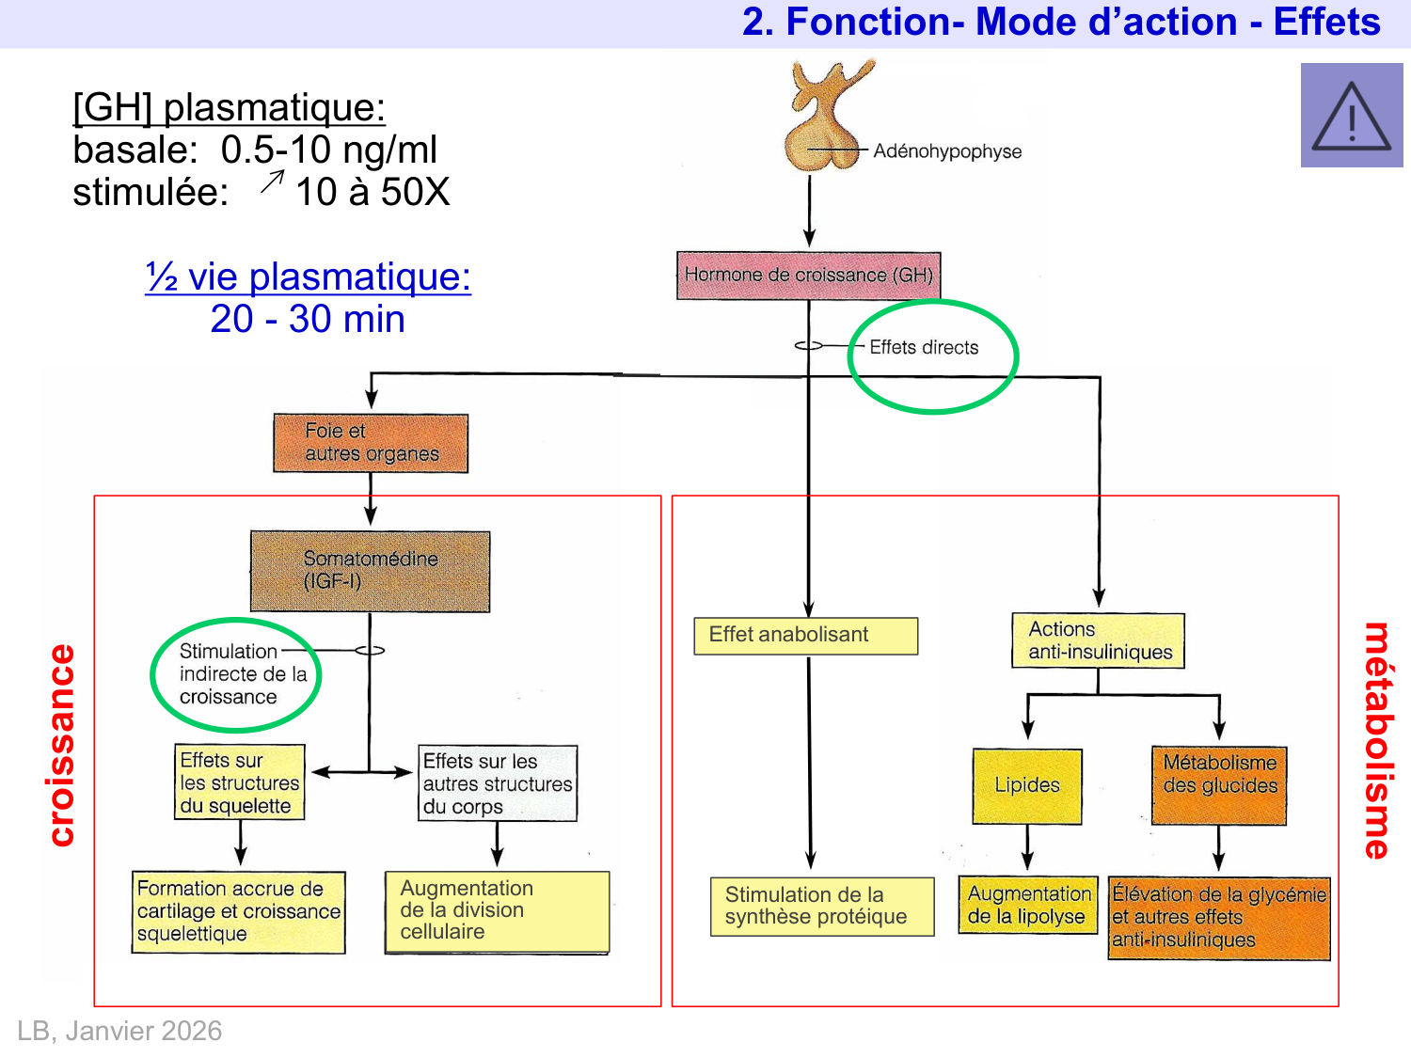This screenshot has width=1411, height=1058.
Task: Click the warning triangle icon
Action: (1352, 117)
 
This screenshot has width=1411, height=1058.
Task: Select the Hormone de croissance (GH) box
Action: (808, 276)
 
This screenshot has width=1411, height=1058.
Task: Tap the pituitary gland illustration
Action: (822, 118)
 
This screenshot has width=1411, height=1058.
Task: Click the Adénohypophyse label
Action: (946, 151)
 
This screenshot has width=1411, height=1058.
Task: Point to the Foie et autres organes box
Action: (371, 443)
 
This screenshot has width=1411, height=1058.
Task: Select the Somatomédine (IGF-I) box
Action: (370, 571)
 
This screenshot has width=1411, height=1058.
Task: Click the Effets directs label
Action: (924, 348)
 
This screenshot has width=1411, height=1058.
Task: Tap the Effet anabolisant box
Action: (805, 636)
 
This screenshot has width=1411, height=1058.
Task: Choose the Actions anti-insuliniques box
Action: (1098, 640)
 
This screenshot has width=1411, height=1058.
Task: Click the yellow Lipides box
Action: (1027, 786)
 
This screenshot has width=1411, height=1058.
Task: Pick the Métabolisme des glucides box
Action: (1219, 785)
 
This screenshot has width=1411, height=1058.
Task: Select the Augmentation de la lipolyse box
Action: (1028, 906)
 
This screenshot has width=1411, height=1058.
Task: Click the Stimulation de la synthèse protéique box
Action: (822, 907)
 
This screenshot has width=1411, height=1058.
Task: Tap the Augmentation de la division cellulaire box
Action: (497, 911)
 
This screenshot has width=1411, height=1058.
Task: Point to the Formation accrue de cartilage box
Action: (239, 912)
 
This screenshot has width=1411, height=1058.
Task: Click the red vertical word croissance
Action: (61, 745)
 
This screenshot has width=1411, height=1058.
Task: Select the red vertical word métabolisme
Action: (1376, 740)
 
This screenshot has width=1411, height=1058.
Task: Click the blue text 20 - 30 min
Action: (308, 320)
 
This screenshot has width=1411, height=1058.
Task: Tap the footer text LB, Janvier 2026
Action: (119, 1031)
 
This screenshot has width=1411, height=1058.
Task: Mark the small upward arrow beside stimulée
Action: (272, 182)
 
